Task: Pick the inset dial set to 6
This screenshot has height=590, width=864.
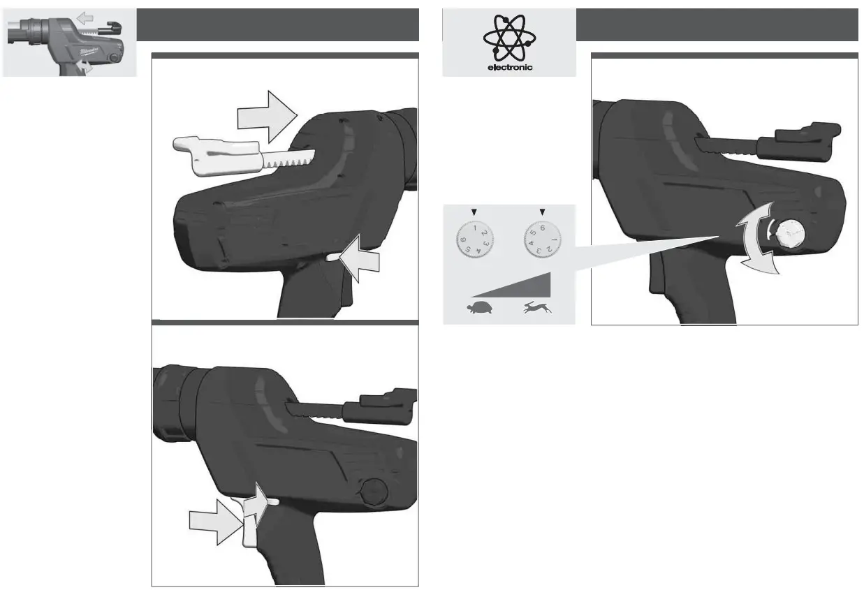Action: click(541, 241)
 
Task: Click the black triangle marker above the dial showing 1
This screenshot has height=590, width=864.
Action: click(471, 212)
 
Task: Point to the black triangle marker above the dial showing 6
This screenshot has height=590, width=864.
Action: click(542, 212)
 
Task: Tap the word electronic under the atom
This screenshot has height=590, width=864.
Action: click(510, 68)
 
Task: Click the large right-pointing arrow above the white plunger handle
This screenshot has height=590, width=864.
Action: click(268, 117)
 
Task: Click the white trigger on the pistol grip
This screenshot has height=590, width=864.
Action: click(249, 520)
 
